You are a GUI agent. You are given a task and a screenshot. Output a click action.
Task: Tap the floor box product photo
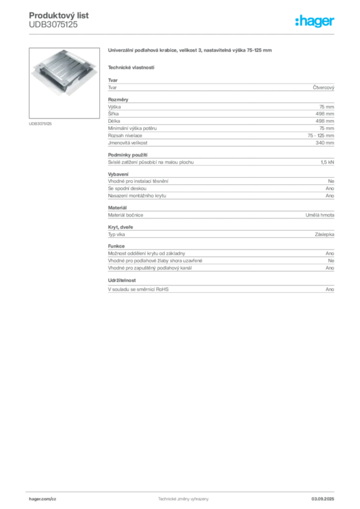66,74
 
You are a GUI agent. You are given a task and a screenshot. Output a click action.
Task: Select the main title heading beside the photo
190,51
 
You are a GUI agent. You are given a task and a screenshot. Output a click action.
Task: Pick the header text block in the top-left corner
60,20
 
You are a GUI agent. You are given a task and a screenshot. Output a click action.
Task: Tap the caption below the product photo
42,123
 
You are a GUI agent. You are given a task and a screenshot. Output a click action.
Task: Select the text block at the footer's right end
326,497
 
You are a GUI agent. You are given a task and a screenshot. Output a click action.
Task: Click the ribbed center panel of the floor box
68,73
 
